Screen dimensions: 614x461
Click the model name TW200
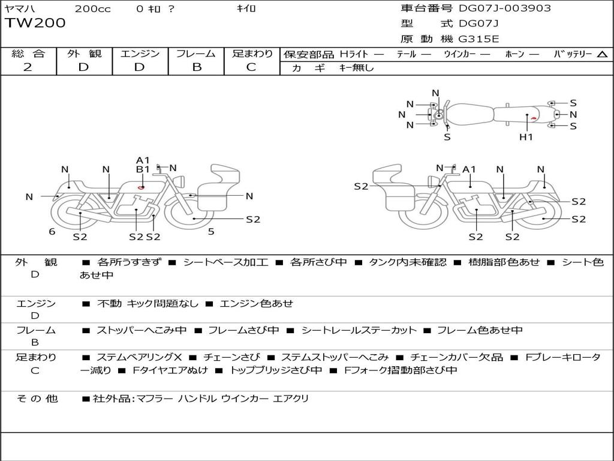35,23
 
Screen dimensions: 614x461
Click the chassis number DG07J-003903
505,8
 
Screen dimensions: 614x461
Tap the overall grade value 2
28,67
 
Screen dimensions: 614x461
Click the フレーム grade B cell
197,67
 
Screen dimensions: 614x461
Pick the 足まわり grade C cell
251,67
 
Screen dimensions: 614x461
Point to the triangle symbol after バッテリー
602,54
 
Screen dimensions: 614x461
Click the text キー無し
356,68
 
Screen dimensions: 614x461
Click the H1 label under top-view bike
526,137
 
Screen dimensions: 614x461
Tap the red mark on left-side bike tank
141,187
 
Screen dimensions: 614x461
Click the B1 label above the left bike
143,169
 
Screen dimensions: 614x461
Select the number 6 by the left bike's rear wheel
52,232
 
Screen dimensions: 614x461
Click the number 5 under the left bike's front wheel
211,232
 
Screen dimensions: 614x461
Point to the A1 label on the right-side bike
469,169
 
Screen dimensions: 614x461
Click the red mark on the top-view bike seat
533,118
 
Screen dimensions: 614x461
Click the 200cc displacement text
93,8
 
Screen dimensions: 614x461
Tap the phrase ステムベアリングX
139,357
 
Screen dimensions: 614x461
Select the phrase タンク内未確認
408,262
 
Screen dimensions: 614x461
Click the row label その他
37,399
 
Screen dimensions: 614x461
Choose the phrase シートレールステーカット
359,330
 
